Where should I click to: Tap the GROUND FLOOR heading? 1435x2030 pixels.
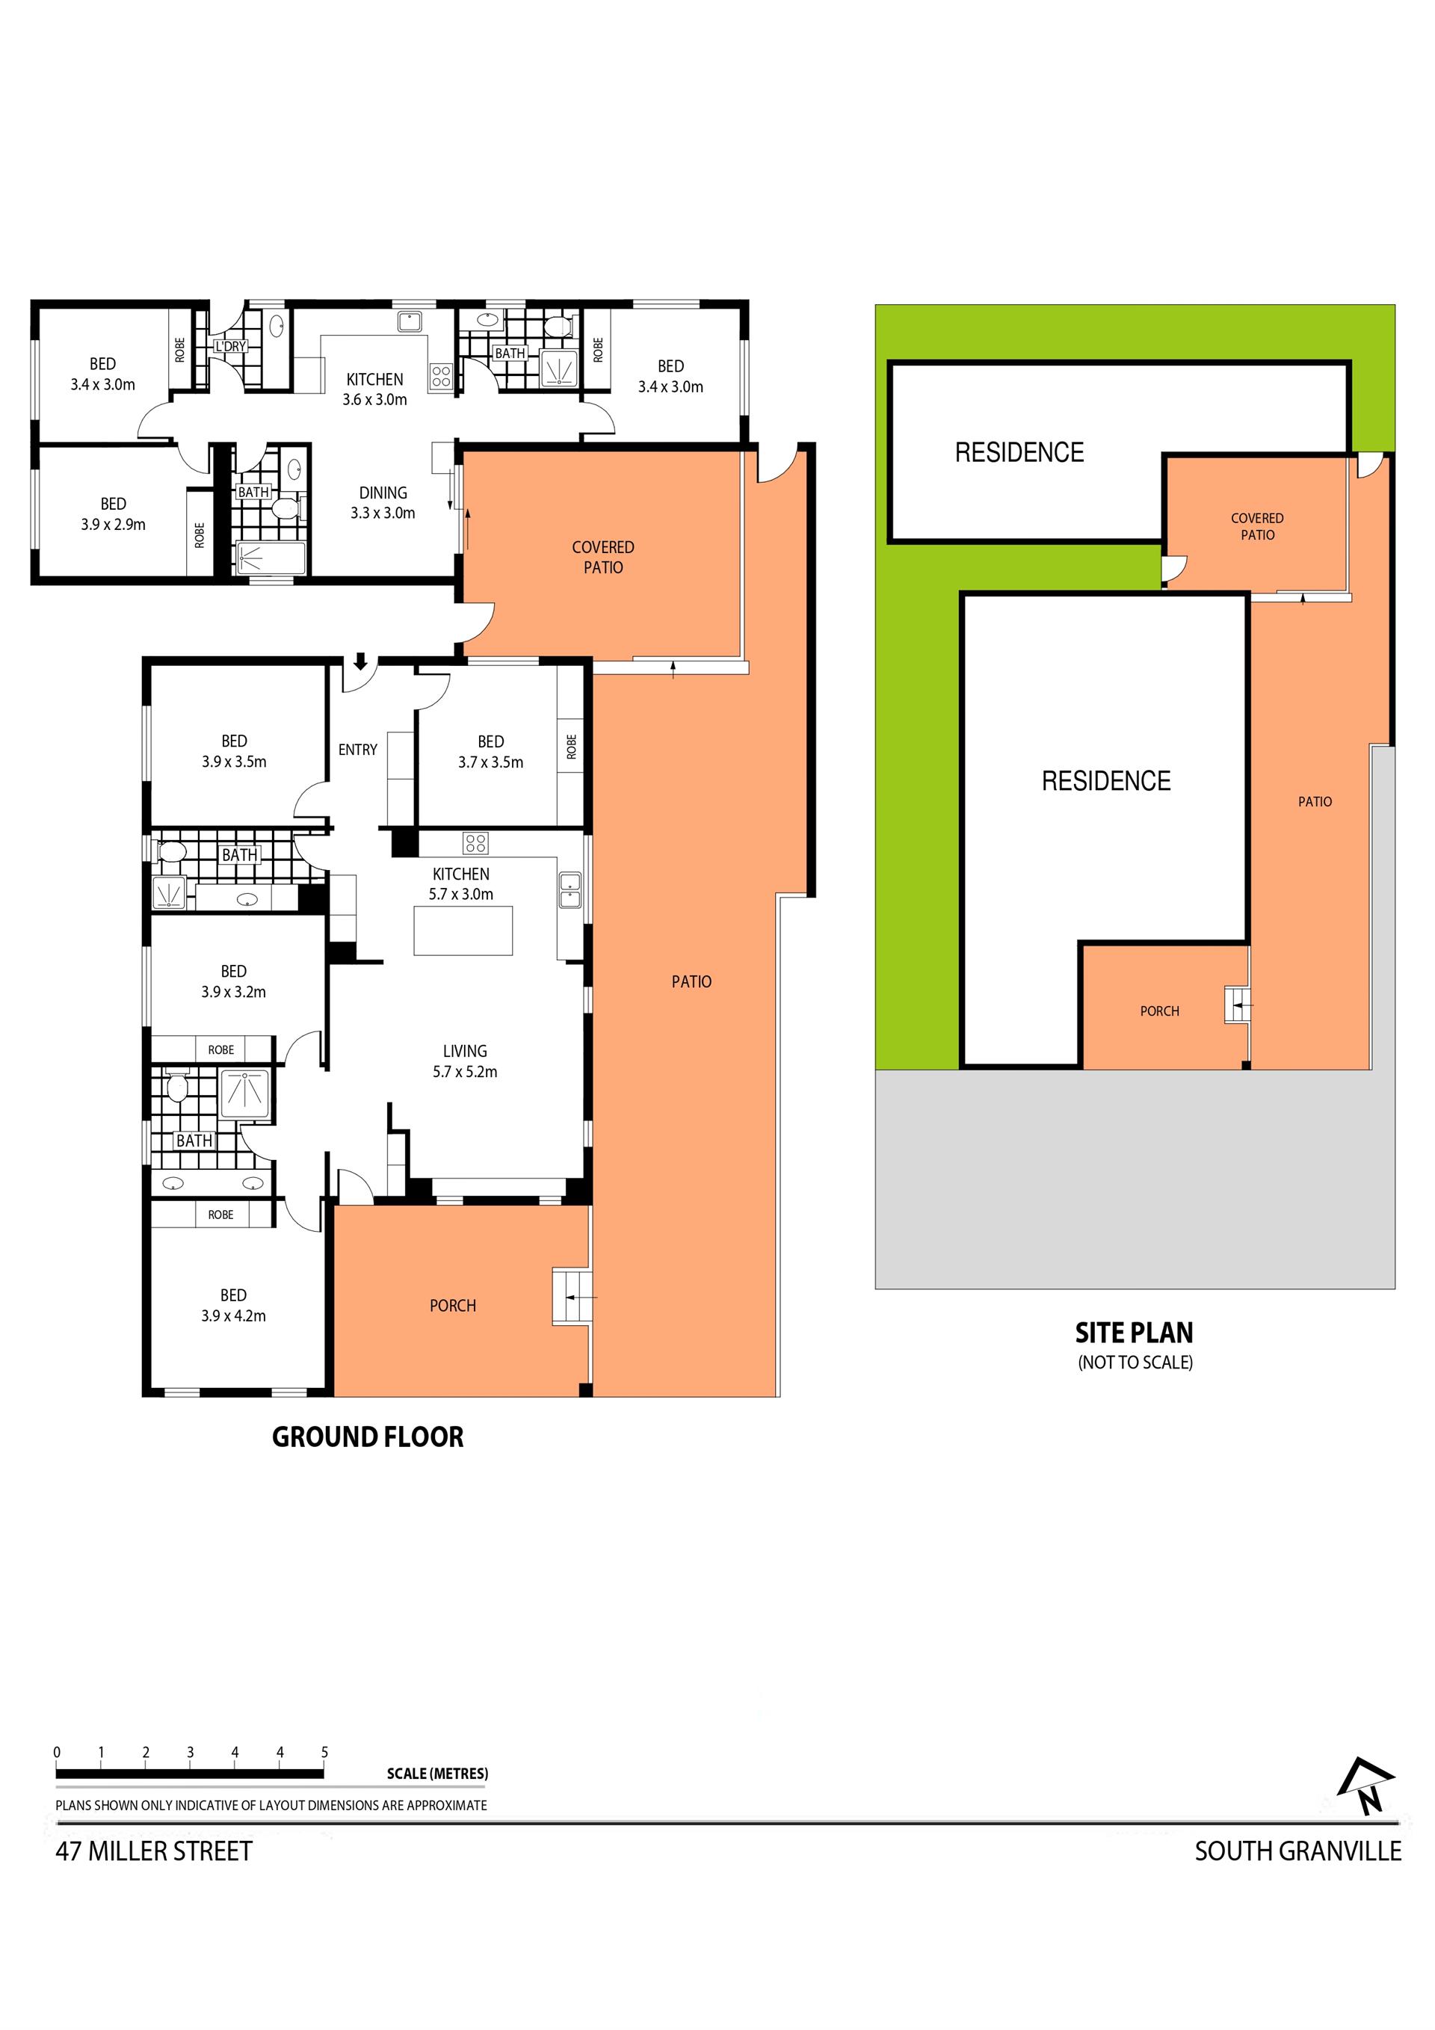point(368,1437)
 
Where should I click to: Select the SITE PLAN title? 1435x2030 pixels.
point(1135,1333)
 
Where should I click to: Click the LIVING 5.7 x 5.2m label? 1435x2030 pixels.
point(465,1061)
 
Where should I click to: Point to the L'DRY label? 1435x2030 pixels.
point(230,347)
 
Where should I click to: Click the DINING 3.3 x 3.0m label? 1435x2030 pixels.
point(383,502)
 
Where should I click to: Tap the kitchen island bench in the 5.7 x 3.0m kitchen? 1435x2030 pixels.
point(463,931)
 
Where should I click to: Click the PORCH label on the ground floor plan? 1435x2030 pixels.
point(453,1306)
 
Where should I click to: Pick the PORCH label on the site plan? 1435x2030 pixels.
point(1159,1011)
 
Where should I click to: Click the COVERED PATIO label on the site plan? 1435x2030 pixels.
point(1257,526)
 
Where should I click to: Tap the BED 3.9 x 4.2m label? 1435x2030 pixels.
point(233,1305)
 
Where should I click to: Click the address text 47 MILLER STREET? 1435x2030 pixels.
point(154,1851)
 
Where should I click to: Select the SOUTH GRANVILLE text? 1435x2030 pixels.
point(1298,1851)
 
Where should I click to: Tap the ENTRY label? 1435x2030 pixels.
point(357,750)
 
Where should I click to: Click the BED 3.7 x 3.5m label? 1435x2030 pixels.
point(491,751)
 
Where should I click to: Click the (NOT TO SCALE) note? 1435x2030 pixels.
point(1135,1363)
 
